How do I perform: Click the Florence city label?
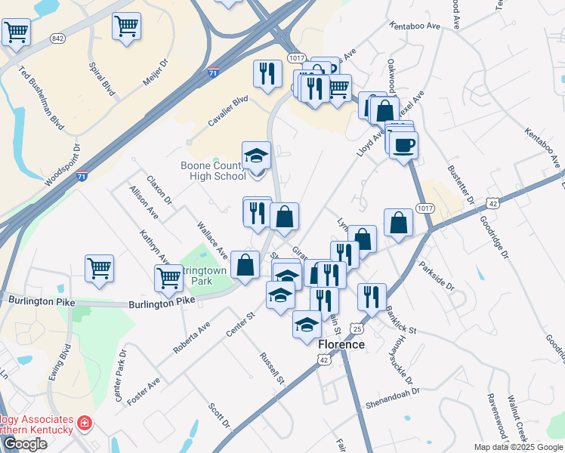pyautogui.click(x=341, y=344)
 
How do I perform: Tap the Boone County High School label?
pyautogui.click(x=213, y=171)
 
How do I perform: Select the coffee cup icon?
pyautogui.click(x=403, y=145)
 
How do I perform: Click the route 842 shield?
pyautogui.click(x=57, y=37)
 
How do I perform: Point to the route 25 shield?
pyautogui.click(x=357, y=329)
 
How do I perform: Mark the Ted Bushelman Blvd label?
pyautogui.click(x=41, y=96)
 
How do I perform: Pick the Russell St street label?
pyautogui.click(x=271, y=368)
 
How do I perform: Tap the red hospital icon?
pyautogui.click(x=85, y=424)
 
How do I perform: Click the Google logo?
pyautogui.click(x=24, y=444)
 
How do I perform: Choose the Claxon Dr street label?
pyautogui.click(x=159, y=191)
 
